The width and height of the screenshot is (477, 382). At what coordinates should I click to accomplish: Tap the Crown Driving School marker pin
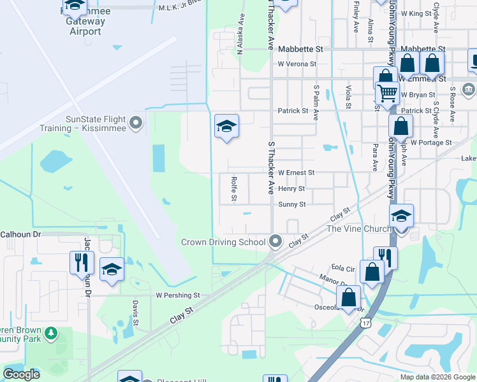(x=275, y=241)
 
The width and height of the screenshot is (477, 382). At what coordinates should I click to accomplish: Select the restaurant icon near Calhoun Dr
(x=82, y=262)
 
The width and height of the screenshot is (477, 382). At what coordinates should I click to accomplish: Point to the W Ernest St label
(x=296, y=173)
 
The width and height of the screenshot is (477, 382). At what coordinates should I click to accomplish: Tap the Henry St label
(x=291, y=189)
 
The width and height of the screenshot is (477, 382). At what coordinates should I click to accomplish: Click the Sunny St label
(x=292, y=204)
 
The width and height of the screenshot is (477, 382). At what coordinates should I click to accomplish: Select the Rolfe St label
(x=234, y=190)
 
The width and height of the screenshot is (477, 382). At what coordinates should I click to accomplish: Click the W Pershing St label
(x=178, y=295)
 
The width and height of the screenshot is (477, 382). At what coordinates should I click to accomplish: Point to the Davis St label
(x=136, y=311)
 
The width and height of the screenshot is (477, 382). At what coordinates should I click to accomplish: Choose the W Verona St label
(x=297, y=64)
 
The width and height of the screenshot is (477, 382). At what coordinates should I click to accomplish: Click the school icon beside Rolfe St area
(x=226, y=127)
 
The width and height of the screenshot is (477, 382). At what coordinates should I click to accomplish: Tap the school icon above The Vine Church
(x=402, y=216)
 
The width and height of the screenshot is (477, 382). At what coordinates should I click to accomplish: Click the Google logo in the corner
(x=22, y=374)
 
